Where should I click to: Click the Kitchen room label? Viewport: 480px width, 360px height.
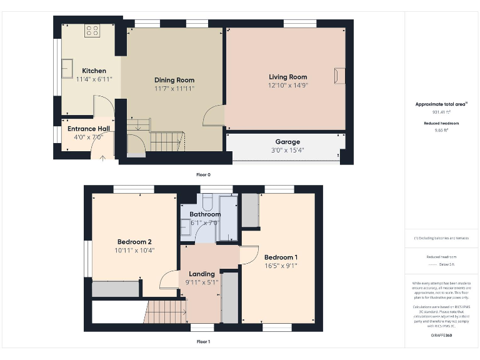(91, 71)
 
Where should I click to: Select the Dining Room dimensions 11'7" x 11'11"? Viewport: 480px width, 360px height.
(174, 89)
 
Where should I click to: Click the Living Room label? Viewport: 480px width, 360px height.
(288, 76)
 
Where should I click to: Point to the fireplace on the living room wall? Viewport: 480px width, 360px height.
(339, 76)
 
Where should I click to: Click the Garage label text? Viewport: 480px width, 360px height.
(287, 142)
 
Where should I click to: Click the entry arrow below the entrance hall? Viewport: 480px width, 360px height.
(102, 157)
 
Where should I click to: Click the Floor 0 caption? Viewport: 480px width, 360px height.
(203, 174)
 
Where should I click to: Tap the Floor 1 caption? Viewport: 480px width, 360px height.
(203, 341)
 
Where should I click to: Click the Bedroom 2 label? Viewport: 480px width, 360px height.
(134, 242)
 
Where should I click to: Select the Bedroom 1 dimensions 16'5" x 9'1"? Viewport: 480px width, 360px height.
(280, 266)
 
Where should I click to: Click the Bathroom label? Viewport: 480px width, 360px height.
(205, 214)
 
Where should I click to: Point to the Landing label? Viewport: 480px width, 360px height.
(202, 274)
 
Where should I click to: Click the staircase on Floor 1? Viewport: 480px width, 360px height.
(166, 311)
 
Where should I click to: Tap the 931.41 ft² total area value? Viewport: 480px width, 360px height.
(441, 112)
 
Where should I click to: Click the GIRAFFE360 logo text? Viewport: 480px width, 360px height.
(441, 336)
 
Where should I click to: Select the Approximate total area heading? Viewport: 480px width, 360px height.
(441, 104)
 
